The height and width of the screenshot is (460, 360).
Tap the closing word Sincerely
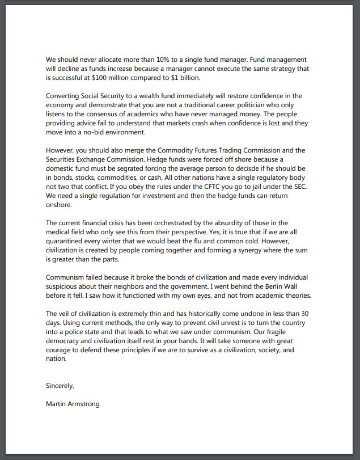[60, 386]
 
